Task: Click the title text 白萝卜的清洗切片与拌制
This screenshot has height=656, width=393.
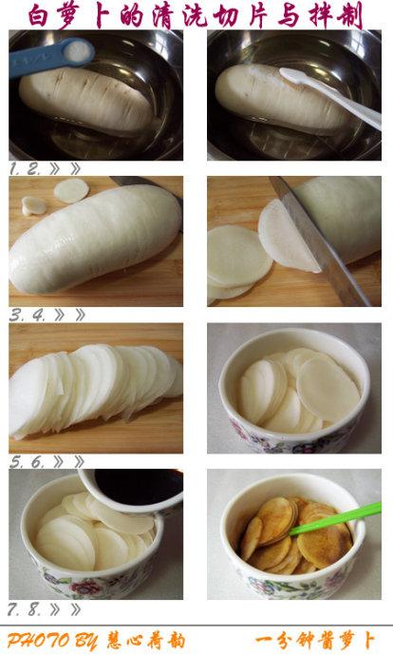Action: pyautogui.click(x=196, y=14)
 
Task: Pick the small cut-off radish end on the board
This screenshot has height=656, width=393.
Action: pyautogui.click(x=34, y=204)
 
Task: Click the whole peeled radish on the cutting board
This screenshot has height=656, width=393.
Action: pyautogui.click(x=95, y=238)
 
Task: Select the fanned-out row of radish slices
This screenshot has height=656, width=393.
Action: pyautogui.click(x=95, y=390)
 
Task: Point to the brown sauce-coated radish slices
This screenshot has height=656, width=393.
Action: pyautogui.click(x=285, y=537)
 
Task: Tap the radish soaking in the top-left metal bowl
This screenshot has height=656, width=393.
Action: pyautogui.click(x=85, y=100)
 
